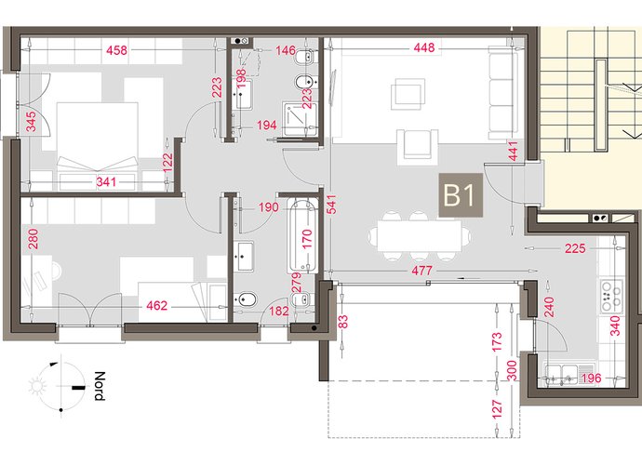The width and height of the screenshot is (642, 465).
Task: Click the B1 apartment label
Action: (x=461, y=195)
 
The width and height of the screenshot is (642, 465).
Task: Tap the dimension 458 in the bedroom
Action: (x=116, y=50)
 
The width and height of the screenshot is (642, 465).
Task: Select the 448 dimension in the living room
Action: (x=423, y=47)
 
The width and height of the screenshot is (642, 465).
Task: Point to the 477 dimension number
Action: (x=421, y=271)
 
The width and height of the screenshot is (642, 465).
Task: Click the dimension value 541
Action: (x=331, y=204)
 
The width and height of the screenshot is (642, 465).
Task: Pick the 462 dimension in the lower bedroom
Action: (x=157, y=305)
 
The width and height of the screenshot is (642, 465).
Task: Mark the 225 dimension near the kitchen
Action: (x=575, y=248)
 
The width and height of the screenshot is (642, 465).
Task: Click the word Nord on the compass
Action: (x=100, y=386)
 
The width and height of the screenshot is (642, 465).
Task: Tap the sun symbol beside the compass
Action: (x=36, y=386)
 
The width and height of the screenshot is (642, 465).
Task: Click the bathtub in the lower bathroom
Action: (x=302, y=236)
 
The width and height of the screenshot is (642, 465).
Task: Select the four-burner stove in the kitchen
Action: (x=611, y=297)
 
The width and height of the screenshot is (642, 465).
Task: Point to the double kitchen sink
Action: (x=560, y=375)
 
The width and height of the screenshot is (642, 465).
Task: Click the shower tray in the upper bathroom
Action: (x=300, y=119)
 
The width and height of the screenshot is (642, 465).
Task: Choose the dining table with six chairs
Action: (x=420, y=236)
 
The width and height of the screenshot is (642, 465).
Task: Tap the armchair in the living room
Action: (x=417, y=144)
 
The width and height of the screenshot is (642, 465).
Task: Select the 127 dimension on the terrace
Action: (x=496, y=410)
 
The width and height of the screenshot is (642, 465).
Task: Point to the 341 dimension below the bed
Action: (x=106, y=181)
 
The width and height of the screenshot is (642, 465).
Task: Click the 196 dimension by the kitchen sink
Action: (x=591, y=378)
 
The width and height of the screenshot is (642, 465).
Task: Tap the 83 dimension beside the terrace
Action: (x=343, y=322)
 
